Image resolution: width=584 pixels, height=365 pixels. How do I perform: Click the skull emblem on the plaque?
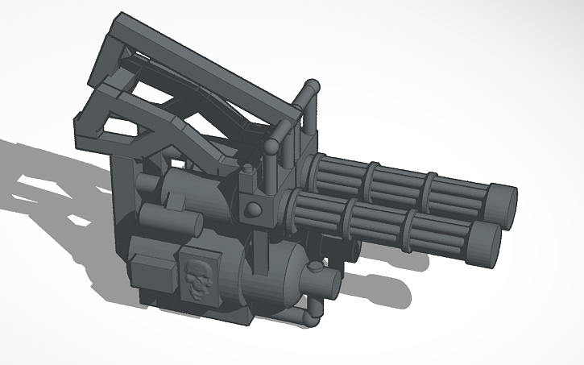197,276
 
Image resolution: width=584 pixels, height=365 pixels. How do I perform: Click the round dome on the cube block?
254,209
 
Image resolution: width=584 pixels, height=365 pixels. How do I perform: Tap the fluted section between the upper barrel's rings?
401,182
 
